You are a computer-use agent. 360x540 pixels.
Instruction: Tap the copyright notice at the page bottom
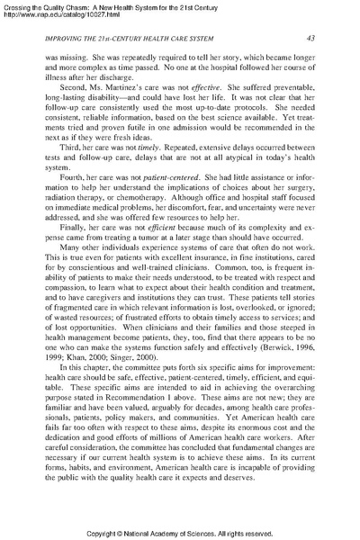click(180, 532)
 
